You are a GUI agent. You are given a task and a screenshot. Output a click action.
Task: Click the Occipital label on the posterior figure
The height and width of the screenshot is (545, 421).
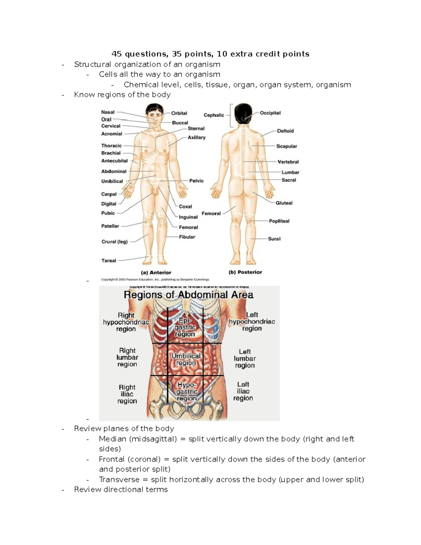point(270,113)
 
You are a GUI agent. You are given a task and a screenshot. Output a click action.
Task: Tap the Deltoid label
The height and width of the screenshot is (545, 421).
point(285,131)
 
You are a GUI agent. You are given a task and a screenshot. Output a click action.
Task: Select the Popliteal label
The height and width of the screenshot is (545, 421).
point(279,221)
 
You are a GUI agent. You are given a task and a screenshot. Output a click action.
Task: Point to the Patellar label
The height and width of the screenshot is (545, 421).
point(110,226)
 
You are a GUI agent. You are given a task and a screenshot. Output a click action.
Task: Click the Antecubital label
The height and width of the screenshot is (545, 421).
point(114,161)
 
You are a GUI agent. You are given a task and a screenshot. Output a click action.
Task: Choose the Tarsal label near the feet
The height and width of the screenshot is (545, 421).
point(108,260)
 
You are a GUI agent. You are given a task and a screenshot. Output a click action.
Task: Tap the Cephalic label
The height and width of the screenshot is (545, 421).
point(214,115)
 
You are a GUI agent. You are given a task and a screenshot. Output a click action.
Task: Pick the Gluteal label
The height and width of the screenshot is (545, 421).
point(284,203)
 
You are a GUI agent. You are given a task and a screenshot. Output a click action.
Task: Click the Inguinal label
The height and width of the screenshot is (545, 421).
point(188,217)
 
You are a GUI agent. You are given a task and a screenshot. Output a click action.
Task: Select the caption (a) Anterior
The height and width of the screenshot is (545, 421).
point(156,272)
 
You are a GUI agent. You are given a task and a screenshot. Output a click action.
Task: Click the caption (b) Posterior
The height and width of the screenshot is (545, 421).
point(245,272)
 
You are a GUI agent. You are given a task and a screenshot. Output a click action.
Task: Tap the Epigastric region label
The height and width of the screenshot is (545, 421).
point(185,327)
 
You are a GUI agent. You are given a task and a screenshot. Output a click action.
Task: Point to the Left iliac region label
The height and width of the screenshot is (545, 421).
point(243,391)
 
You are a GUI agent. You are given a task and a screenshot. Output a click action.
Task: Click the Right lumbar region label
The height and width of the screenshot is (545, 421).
point(127,357)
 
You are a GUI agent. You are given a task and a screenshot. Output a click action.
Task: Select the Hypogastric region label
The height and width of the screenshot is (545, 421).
point(187,391)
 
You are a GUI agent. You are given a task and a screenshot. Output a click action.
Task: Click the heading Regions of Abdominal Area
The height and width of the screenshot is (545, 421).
point(188,295)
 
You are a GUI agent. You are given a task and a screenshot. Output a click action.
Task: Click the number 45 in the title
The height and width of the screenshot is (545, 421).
point(116,54)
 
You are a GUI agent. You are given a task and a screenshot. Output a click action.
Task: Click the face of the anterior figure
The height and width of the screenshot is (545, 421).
point(155,115)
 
